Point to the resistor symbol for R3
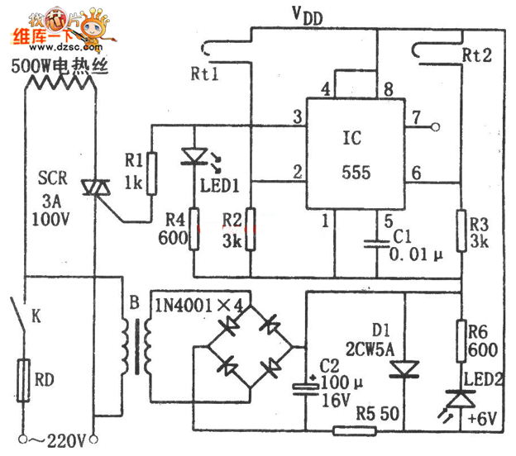tap(461, 229)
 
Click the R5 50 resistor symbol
tap(344, 430)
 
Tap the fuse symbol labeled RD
tap(26, 380)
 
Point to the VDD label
tap(307, 16)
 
